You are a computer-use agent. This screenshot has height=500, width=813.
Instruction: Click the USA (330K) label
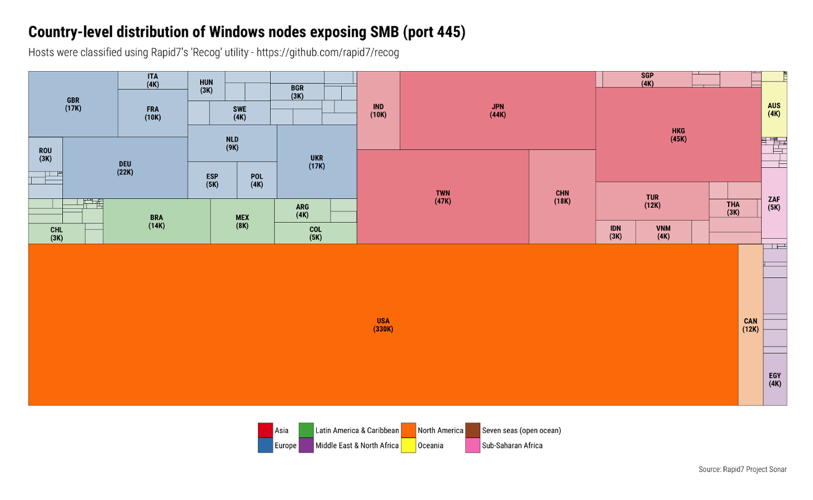click(x=383, y=325)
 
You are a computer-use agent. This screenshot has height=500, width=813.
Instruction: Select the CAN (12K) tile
click(x=750, y=325)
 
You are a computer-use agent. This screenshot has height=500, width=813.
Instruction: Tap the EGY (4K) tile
click(x=775, y=379)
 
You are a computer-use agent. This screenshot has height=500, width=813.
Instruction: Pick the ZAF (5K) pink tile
click(x=774, y=203)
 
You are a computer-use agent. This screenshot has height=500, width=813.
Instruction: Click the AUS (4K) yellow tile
click(x=774, y=109)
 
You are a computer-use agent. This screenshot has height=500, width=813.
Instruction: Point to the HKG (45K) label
click(x=678, y=135)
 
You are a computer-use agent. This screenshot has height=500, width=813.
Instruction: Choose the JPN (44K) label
click(x=497, y=111)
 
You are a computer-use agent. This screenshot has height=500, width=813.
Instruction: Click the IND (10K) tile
click(x=378, y=111)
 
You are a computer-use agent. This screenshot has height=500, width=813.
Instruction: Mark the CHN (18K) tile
click(x=562, y=197)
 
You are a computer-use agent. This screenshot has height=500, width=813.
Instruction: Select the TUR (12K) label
click(x=652, y=201)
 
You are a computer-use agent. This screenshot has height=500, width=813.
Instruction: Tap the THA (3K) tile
click(x=733, y=208)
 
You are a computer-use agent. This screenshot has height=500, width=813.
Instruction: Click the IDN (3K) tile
click(x=615, y=232)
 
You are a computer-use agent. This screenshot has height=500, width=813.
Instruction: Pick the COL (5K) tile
click(x=315, y=233)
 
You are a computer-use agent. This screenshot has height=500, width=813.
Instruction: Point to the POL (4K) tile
click(x=256, y=181)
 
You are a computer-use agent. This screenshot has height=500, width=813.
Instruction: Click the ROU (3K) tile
click(x=45, y=154)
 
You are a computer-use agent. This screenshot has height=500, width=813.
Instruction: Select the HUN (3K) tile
click(x=206, y=86)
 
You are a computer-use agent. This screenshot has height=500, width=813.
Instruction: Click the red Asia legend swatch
click(x=265, y=430)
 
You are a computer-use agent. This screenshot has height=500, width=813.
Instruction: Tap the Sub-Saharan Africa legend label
click(x=512, y=446)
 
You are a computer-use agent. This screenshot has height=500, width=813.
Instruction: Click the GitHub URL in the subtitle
click(x=327, y=53)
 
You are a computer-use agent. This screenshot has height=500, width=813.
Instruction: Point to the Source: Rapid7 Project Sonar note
click(x=742, y=469)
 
